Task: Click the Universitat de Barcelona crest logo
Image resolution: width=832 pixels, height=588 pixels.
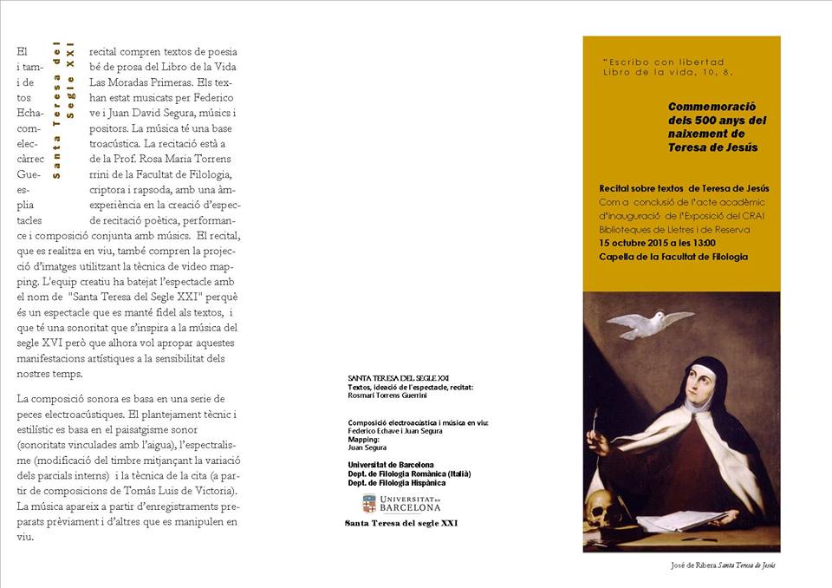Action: pos(369,503)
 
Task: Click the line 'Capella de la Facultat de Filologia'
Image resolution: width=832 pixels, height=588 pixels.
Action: pos(673,257)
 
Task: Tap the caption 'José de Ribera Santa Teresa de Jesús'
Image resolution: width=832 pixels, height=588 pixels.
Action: pos(723,565)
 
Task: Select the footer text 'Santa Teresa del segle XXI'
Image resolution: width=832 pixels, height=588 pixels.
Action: pos(401,523)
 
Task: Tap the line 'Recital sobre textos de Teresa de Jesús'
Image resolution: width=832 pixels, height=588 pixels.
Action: pos(684,188)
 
